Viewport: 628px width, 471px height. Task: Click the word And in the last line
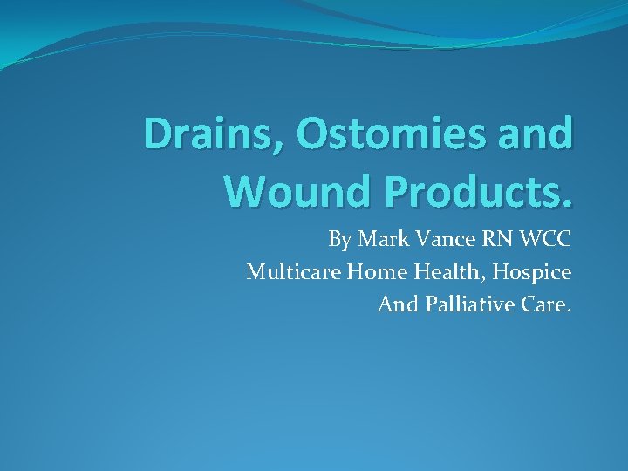(395, 305)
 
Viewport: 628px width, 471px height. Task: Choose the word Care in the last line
(543, 305)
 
